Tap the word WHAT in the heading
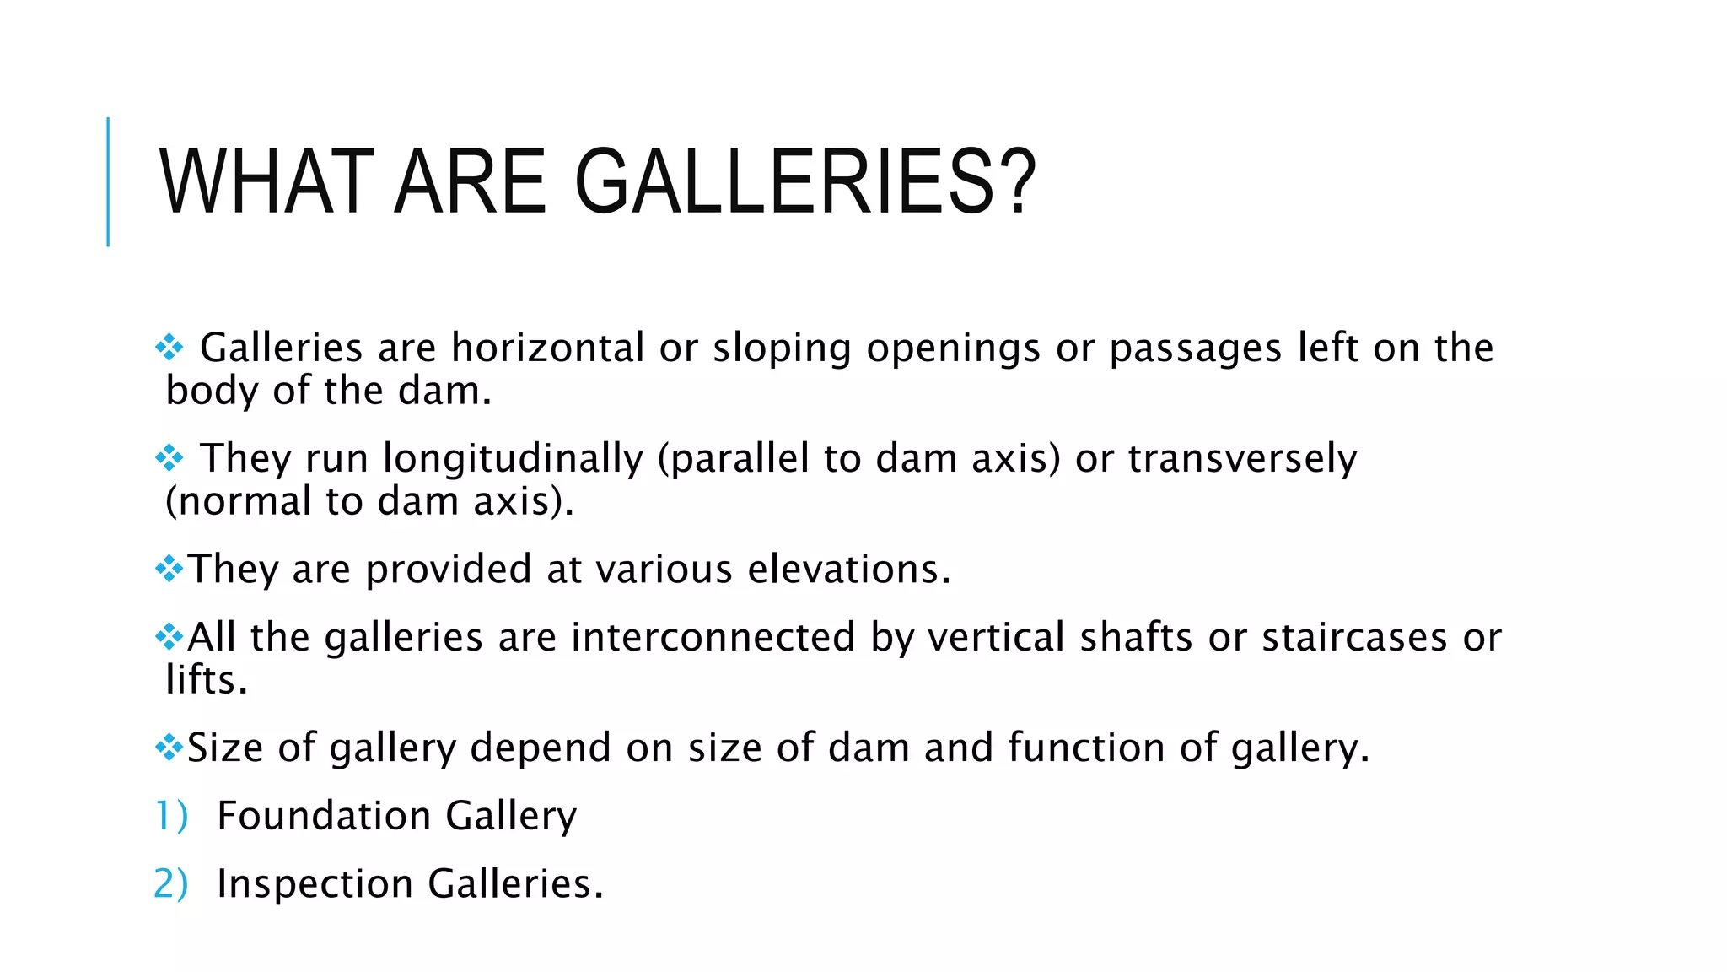266,182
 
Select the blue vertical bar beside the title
108,181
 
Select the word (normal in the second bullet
239,502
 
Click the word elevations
849,570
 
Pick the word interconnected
713,637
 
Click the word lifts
206,680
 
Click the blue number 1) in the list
171,816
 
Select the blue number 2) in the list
171,884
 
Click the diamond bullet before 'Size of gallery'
169,747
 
